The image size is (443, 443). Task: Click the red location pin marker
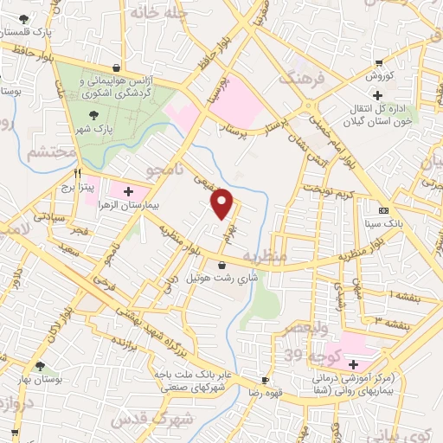point(222,204)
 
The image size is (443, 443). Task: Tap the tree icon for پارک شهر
point(93,112)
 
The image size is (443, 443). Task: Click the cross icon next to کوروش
point(376,94)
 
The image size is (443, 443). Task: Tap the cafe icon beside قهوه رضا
point(265,380)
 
